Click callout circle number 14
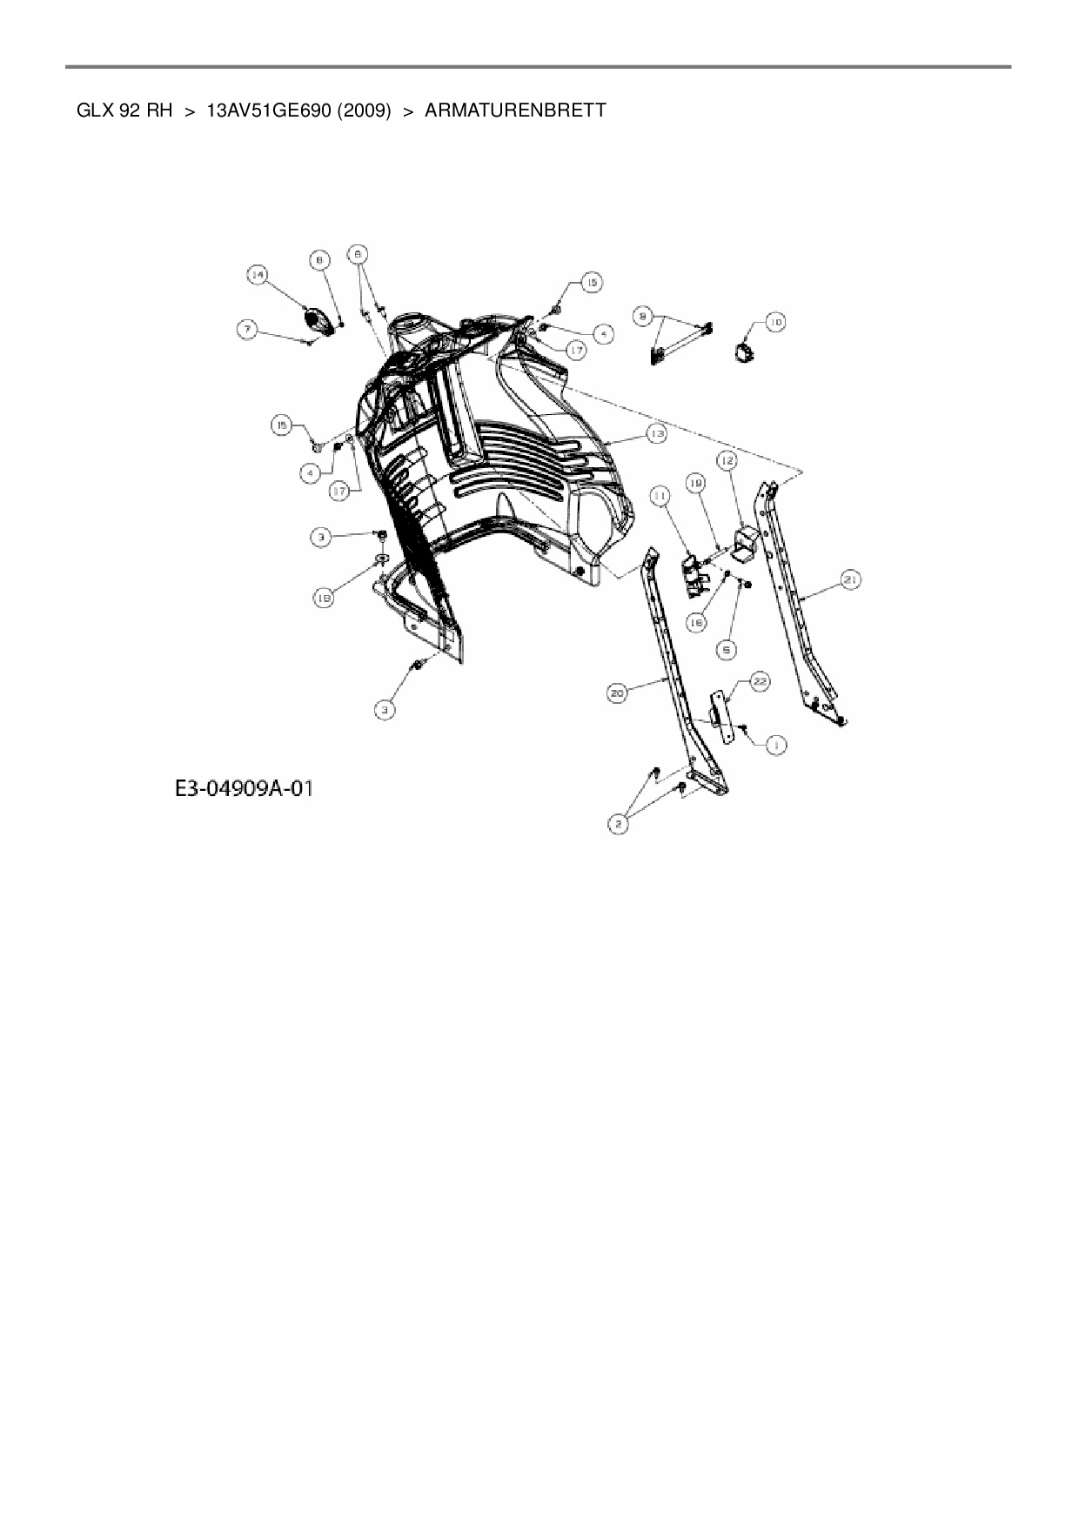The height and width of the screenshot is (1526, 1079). [257, 276]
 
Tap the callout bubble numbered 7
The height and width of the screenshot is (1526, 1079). [249, 330]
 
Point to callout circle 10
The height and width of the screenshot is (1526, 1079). [774, 322]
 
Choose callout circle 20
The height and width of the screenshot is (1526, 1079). [617, 693]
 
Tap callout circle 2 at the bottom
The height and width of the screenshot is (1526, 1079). [619, 822]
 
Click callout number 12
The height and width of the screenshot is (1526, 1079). [727, 458]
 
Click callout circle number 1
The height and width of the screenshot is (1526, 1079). [775, 744]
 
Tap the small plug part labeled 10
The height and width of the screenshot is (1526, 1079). [744, 351]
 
